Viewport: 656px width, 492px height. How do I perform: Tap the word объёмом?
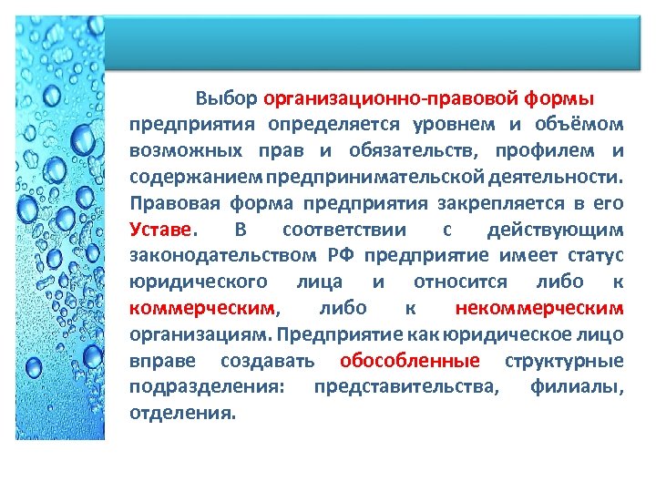coord(585,123)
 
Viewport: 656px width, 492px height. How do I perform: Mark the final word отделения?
coord(182,413)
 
